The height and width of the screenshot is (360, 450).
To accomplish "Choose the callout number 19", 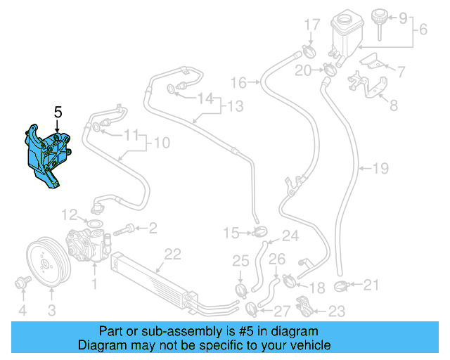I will [x=380, y=169].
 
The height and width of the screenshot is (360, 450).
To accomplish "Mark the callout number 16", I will [x=239, y=83].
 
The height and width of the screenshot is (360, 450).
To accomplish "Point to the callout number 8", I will [x=393, y=106].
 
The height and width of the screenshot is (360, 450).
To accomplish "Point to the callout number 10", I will [x=161, y=143].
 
